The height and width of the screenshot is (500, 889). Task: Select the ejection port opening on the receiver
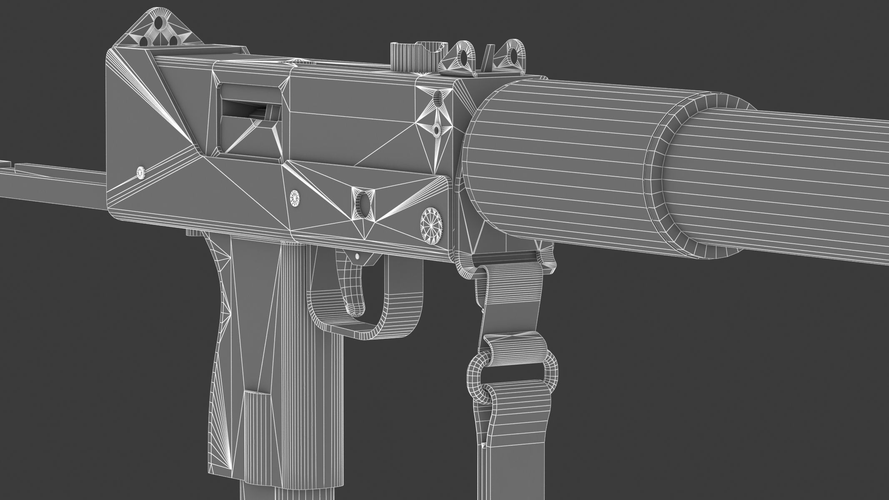[x=250, y=125]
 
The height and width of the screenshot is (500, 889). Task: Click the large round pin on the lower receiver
[x=432, y=218]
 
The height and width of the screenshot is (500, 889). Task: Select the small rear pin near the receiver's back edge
[x=141, y=172]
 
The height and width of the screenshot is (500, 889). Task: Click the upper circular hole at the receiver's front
[x=438, y=98]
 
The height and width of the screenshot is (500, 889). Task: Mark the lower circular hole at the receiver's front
[x=436, y=130]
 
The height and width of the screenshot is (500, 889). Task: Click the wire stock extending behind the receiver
[x=50, y=183]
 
